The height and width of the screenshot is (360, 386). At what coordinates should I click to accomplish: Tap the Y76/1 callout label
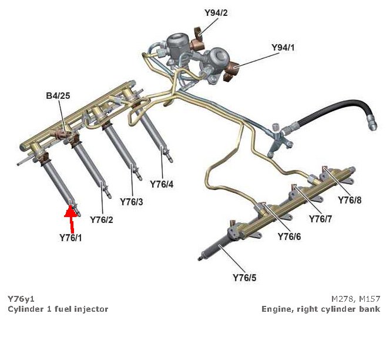coord(71,238)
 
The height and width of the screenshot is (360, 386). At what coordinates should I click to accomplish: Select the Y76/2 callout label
coord(102,219)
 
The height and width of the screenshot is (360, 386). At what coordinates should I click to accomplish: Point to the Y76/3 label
coord(132,201)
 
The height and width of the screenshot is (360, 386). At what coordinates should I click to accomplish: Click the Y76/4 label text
coord(162,184)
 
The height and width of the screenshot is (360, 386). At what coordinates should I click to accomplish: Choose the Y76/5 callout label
coord(244,277)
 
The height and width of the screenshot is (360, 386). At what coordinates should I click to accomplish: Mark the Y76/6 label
coord(289,236)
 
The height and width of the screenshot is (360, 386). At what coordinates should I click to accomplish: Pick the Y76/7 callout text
coord(321,219)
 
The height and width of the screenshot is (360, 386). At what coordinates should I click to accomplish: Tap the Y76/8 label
coord(350,200)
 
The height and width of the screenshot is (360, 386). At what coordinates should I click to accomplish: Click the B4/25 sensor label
coord(58,95)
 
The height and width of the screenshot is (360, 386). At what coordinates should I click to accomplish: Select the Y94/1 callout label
coord(283,47)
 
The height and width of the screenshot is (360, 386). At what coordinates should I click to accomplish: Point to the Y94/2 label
coord(216,12)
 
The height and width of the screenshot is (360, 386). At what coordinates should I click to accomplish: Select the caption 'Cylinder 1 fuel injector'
coord(58,309)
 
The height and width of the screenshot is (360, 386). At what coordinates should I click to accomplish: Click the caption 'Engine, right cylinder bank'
coord(321,309)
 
